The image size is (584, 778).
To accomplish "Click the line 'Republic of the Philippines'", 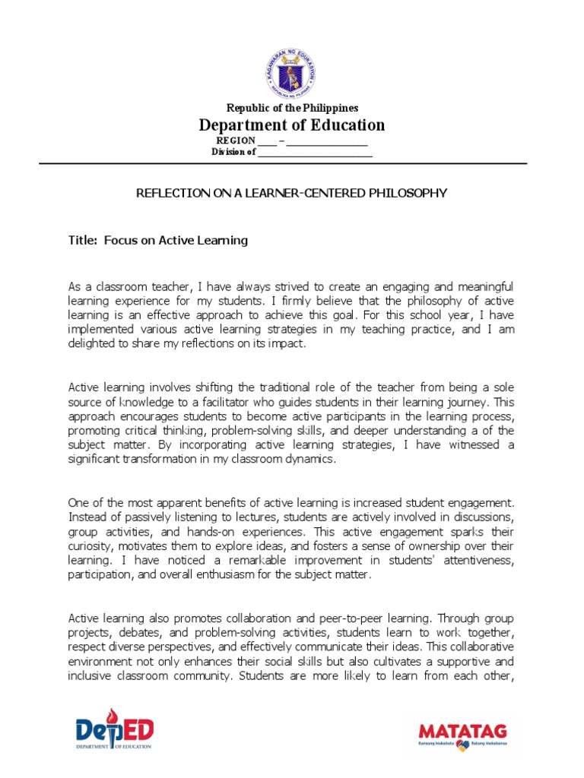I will click(292, 109).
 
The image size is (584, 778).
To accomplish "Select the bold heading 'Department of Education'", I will click(292, 125).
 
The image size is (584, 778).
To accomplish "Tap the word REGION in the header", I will click(236, 141).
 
